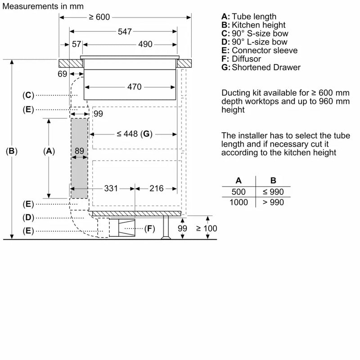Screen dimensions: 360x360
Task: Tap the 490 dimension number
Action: (x=145, y=44)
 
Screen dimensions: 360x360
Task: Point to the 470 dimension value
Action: (x=134, y=86)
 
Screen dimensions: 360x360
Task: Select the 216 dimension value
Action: (x=156, y=189)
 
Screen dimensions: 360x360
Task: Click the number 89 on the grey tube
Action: (x=79, y=152)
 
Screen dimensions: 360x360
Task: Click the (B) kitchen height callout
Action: (x=11, y=152)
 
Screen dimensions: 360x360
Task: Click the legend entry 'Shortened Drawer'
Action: (x=265, y=67)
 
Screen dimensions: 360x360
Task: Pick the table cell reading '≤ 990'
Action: (x=273, y=192)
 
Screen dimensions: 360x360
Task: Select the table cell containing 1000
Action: (x=238, y=202)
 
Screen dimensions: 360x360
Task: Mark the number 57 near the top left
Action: (x=76, y=44)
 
